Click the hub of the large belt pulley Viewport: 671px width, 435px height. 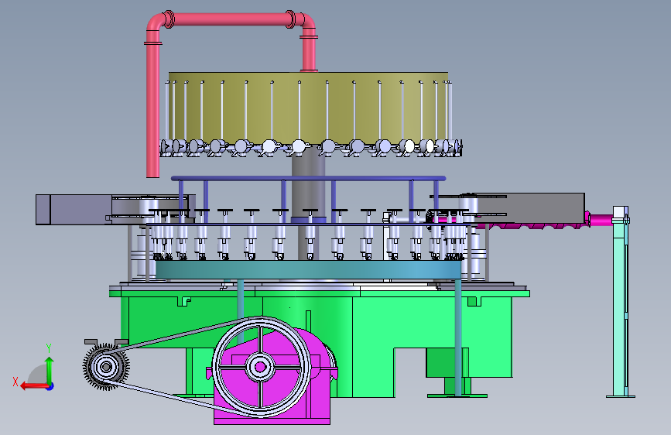click(260, 367)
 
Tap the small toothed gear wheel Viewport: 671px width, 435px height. click(106, 366)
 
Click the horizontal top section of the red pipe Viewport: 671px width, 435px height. click(231, 19)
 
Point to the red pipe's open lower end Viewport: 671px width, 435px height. click(152, 175)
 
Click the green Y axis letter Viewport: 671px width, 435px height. click(49, 348)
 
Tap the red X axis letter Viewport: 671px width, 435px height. click(15, 382)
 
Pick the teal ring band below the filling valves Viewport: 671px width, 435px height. click(308, 270)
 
